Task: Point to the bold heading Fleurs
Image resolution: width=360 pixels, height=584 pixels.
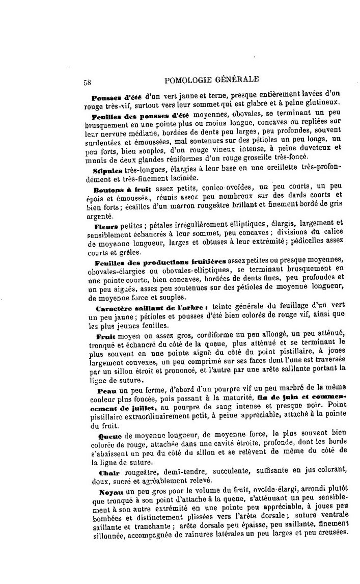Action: click(105, 225)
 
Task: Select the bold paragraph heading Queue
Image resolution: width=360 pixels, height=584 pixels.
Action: click(107, 436)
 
